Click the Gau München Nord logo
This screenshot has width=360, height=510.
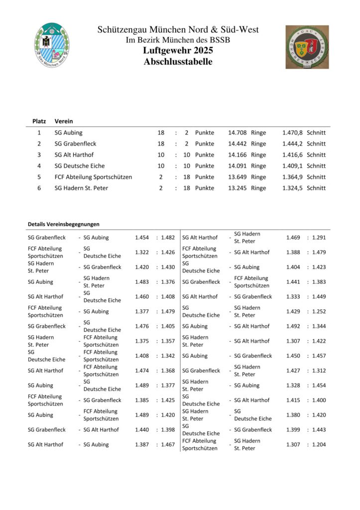click(x=52, y=45)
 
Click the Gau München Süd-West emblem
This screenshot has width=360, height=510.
click(x=307, y=47)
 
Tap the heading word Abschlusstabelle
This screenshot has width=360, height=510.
click(x=178, y=62)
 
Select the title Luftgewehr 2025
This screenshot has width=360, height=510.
click(x=178, y=51)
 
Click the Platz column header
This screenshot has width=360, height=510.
click(x=39, y=121)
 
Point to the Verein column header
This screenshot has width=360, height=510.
click(x=64, y=121)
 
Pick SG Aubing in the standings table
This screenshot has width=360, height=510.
click(x=69, y=133)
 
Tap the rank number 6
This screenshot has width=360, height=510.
click(x=39, y=188)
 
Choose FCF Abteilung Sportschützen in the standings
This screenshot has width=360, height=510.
click(x=94, y=177)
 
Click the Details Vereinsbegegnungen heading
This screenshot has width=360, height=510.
click(x=64, y=224)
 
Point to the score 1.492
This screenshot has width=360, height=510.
click(x=293, y=326)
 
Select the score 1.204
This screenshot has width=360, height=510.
click(x=319, y=445)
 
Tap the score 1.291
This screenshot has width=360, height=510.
click(x=319, y=238)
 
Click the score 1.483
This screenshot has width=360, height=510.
click(x=142, y=282)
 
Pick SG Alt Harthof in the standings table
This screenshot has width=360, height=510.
click(x=74, y=155)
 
